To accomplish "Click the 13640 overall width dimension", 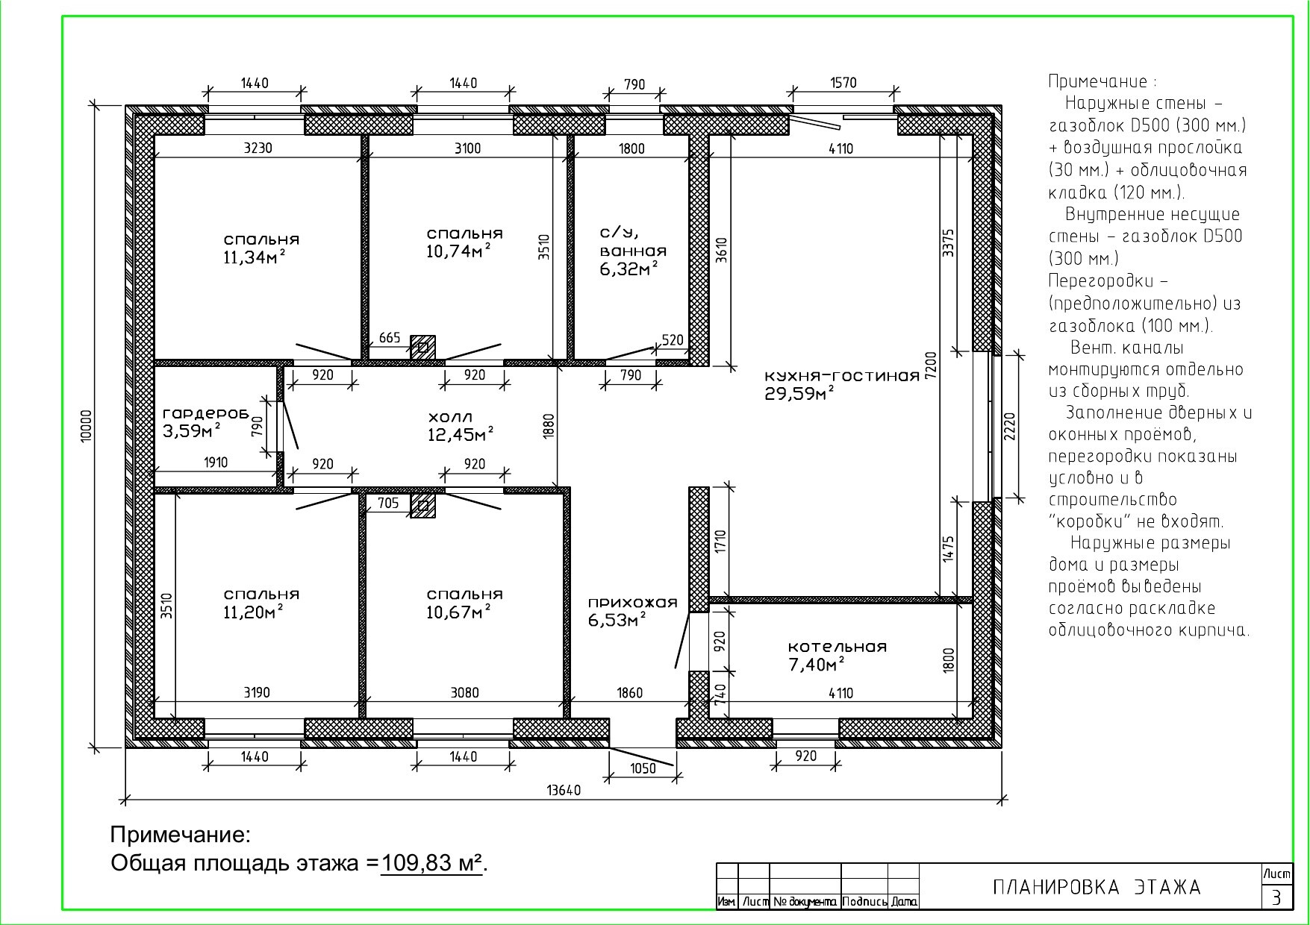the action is pyautogui.click(x=564, y=791).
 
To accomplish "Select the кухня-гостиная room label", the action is pyautogui.click(x=841, y=376).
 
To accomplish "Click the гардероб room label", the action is pyautogui.click(x=205, y=413).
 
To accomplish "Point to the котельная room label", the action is pyautogui.click(x=837, y=647).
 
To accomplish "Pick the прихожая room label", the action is pyautogui.click(x=632, y=603).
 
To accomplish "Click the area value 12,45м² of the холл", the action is pyautogui.click(x=461, y=434).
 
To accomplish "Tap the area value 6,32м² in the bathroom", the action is pyautogui.click(x=629, y=269).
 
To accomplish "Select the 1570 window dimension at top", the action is pyautogui.click(x=843, y=83).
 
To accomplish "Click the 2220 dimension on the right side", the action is pyautogui.click(x=1009, y=426).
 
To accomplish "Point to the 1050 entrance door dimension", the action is pyautogui.click(x=643, y=769).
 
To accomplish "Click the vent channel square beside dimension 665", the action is pyautogui.click(x=422, y=347).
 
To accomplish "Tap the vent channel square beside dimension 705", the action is pyautogui.click(x=422, y=505).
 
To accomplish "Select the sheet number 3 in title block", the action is pyautogui.click(x=1276, y=897).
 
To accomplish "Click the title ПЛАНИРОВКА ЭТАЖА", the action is pyautogui.click(x=1097, y=888).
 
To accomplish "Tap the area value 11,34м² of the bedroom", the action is pyautogui.click(x=255, y=258).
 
